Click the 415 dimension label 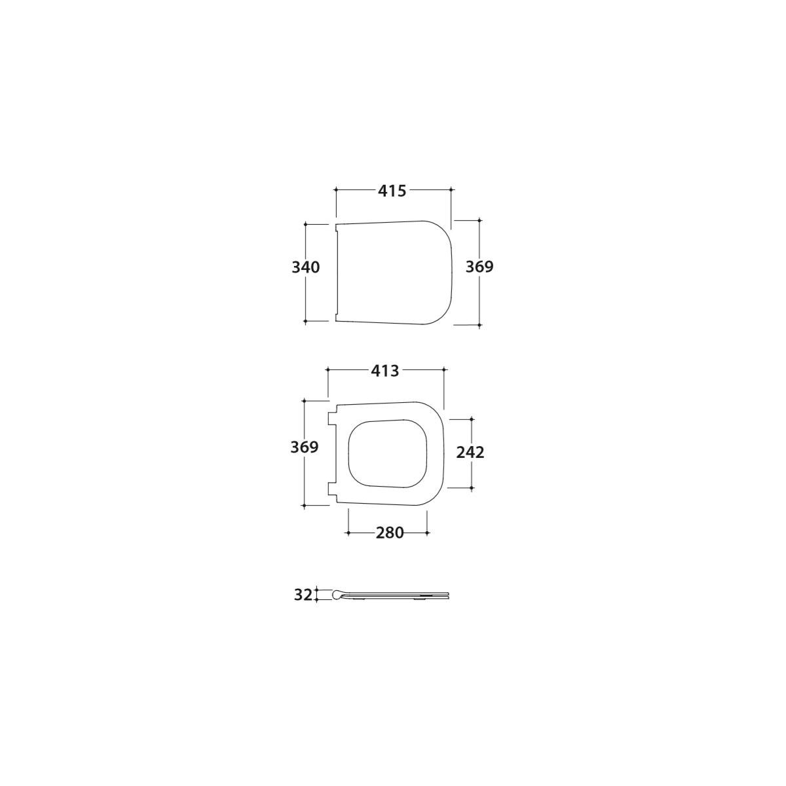coord(392,191)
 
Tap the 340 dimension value coord(305,268)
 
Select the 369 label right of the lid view coord(479,267)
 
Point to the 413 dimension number coord(384,371)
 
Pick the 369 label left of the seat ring coord(305,447)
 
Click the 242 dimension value coord(470,453)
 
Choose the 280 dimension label coord(390,533)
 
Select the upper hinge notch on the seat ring coord(332,418)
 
